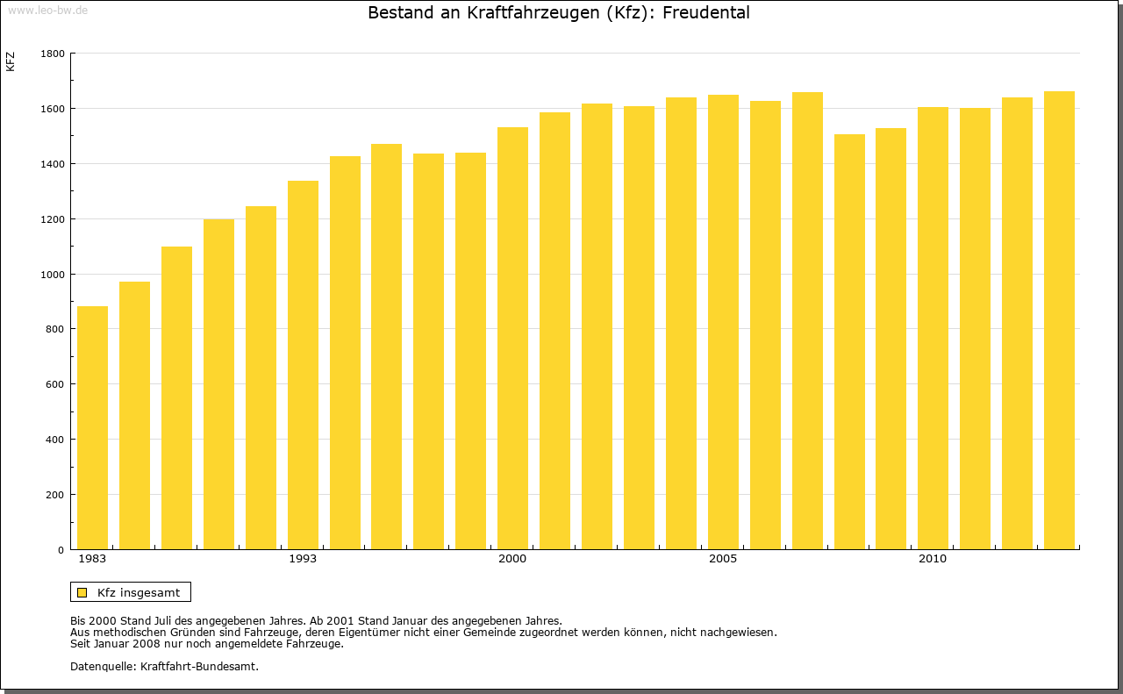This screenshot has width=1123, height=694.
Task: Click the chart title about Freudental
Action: [558, 13]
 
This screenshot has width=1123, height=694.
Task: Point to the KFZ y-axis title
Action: [11, 62]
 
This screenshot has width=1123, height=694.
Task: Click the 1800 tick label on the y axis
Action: [52, 54]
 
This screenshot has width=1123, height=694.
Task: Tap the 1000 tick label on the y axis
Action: [52, 275]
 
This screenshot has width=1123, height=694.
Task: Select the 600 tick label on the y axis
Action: [54, 384]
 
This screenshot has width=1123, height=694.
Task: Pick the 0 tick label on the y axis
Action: [61, 550]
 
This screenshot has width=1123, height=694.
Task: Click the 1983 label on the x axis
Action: [92, 559]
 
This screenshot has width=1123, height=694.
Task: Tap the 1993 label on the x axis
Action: [303, 559]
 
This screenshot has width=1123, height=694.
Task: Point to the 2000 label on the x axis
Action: [512, 559]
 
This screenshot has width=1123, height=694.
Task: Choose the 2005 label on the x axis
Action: [723, 559]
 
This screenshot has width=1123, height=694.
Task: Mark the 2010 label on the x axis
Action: [933, 559]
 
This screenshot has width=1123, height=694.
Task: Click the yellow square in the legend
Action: [82, 592]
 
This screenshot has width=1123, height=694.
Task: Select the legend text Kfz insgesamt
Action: [139, 592]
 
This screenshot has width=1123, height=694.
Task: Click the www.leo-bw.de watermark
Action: [47, 10]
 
